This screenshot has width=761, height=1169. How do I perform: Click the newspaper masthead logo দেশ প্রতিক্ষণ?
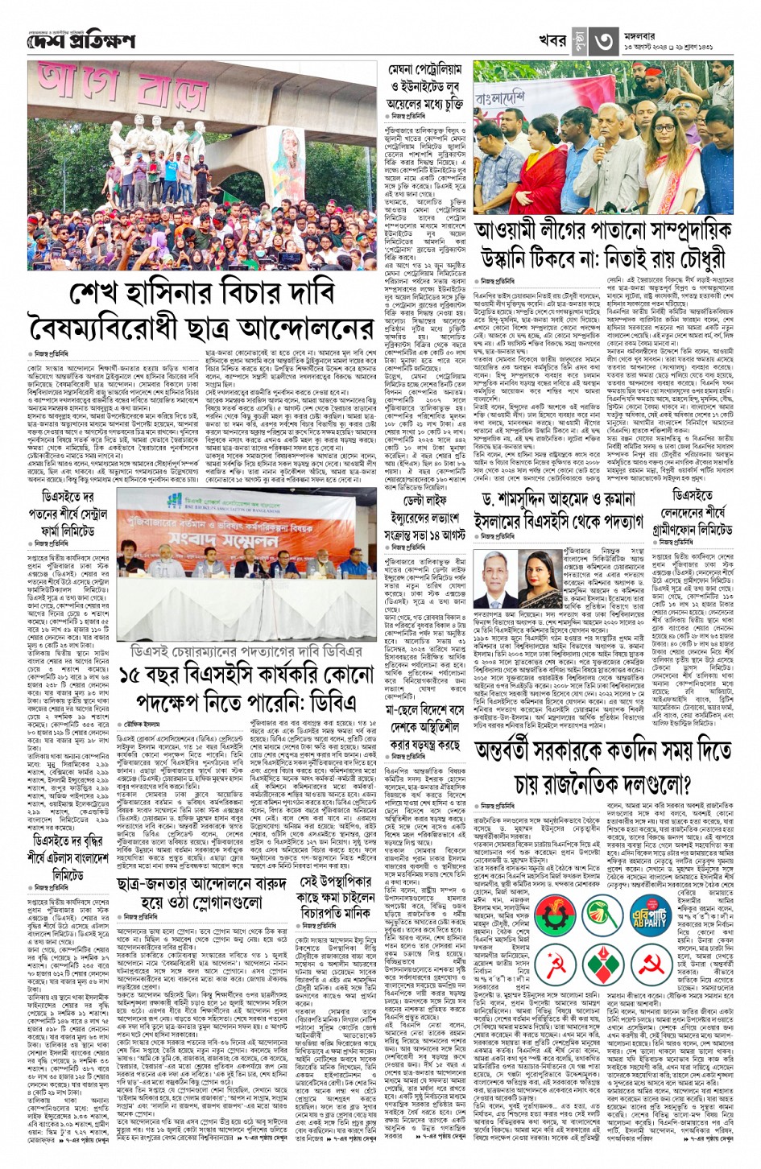point(81,41)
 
